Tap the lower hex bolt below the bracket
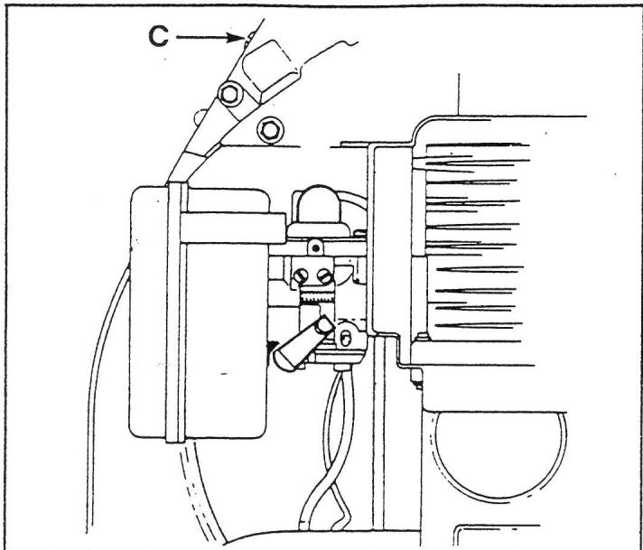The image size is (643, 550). (267, 129)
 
